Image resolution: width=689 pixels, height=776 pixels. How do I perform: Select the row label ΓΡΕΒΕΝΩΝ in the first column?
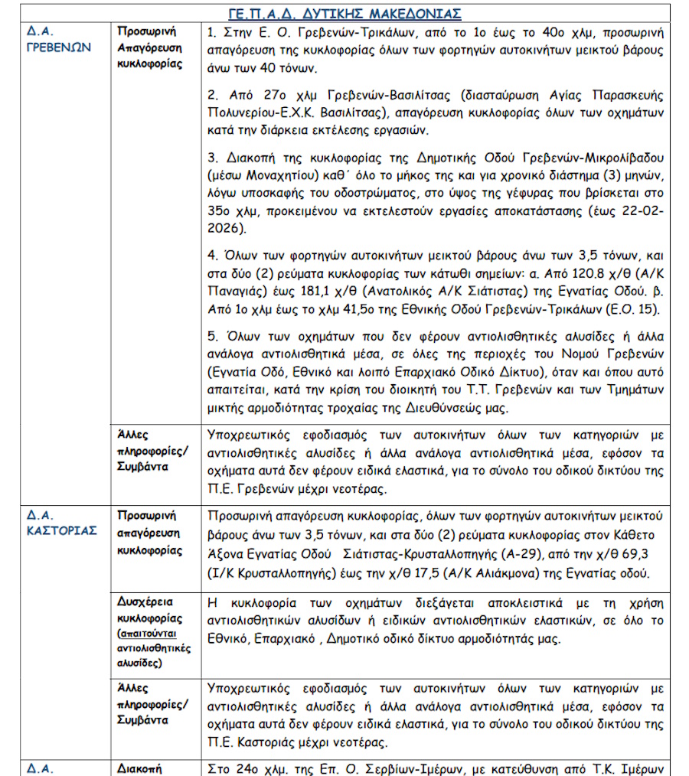pos(58,46)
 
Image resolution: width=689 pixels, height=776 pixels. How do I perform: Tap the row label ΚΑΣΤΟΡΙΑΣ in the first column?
pos(60,530)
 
